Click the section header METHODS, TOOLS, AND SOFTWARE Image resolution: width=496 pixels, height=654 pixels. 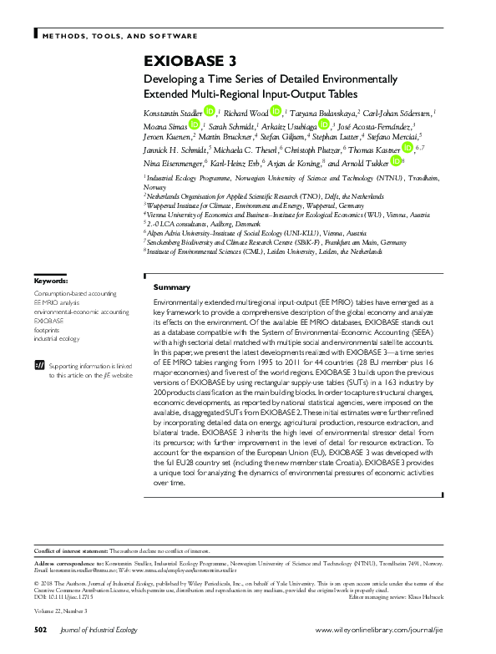[120, 36]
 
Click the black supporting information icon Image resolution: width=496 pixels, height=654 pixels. [38, 365]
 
